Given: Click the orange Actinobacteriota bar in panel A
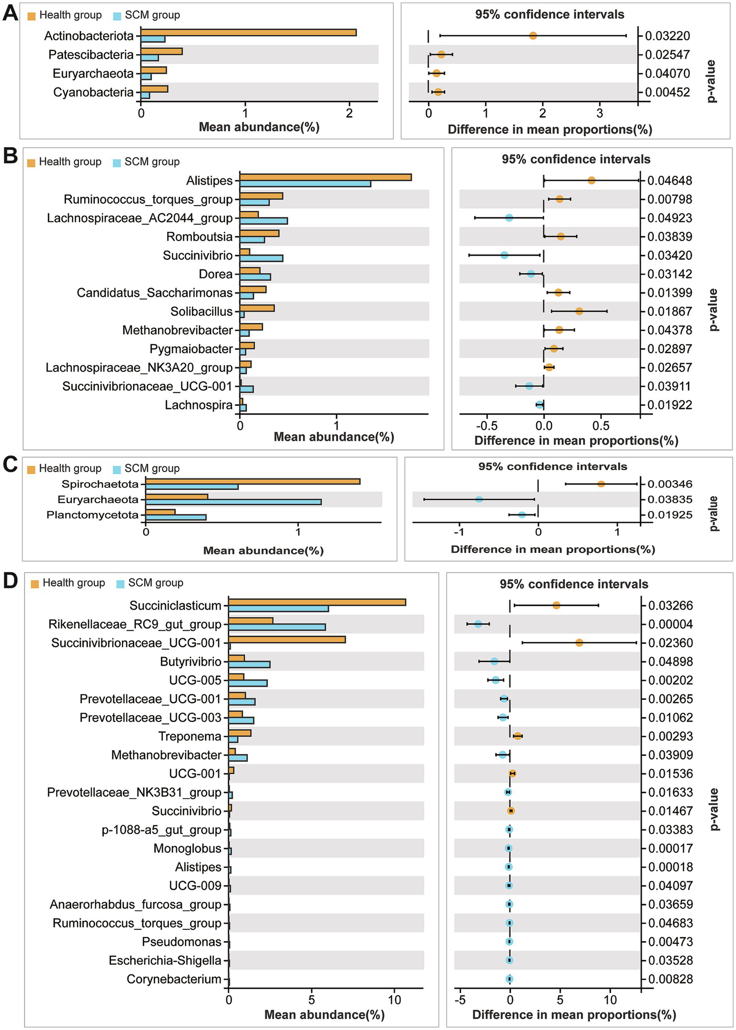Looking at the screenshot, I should pyautogui.click(x=248, y=33).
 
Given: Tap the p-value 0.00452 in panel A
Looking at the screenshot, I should pyautogui.click(x=667, y=92).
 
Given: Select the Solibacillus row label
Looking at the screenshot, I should pyautogui.click(x=201, y=312).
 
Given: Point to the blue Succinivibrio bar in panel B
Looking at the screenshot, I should pyautogui.click(x=261, y=258).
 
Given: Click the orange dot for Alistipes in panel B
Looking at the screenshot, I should pyautogui.click(x=591, y=181).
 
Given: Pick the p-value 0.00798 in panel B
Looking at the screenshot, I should pyautogui.click(x=670, y=199).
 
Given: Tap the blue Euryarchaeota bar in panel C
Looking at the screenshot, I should pyautogui.click(x=234, y=502).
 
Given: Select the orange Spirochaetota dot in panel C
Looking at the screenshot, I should pyautogui.click(x=601, y=484).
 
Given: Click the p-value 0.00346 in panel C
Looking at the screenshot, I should pyautogui.click(x=670, y=484).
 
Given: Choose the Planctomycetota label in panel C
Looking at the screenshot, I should pyautogui.click(x=93, y=515).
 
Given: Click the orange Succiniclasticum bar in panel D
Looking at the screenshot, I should pyautogui.click(x=317, y=602).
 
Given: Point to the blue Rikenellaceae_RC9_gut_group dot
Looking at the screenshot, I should pyautogui.click(x=478, y=624).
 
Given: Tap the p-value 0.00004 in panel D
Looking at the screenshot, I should pyautogui.click(x=670, y=624).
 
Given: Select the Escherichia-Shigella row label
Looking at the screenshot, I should pyautogui.click(x=165, y=961).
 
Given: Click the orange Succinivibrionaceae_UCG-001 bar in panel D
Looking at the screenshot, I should pyautogui.click(x=287, y=640).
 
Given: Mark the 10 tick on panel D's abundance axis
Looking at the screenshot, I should pyautogui.click(x=394, y=1000).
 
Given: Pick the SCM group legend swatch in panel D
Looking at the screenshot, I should pyautogui.click(x=120, y=584).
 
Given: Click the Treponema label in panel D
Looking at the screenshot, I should pyautogui.click(x=190, y=736).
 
